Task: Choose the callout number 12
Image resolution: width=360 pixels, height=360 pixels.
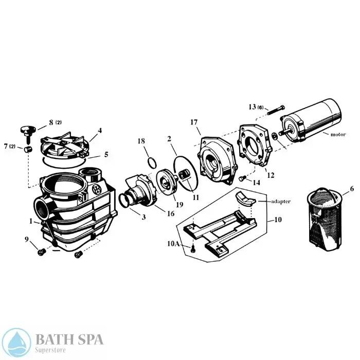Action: coord(271,175)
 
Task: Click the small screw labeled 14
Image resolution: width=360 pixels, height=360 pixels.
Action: coord(241,178)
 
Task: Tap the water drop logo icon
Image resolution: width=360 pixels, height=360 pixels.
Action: coord(17,341)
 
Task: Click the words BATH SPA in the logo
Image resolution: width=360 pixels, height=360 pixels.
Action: coord(69,338)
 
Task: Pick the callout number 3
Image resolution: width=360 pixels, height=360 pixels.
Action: coord(144,217)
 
